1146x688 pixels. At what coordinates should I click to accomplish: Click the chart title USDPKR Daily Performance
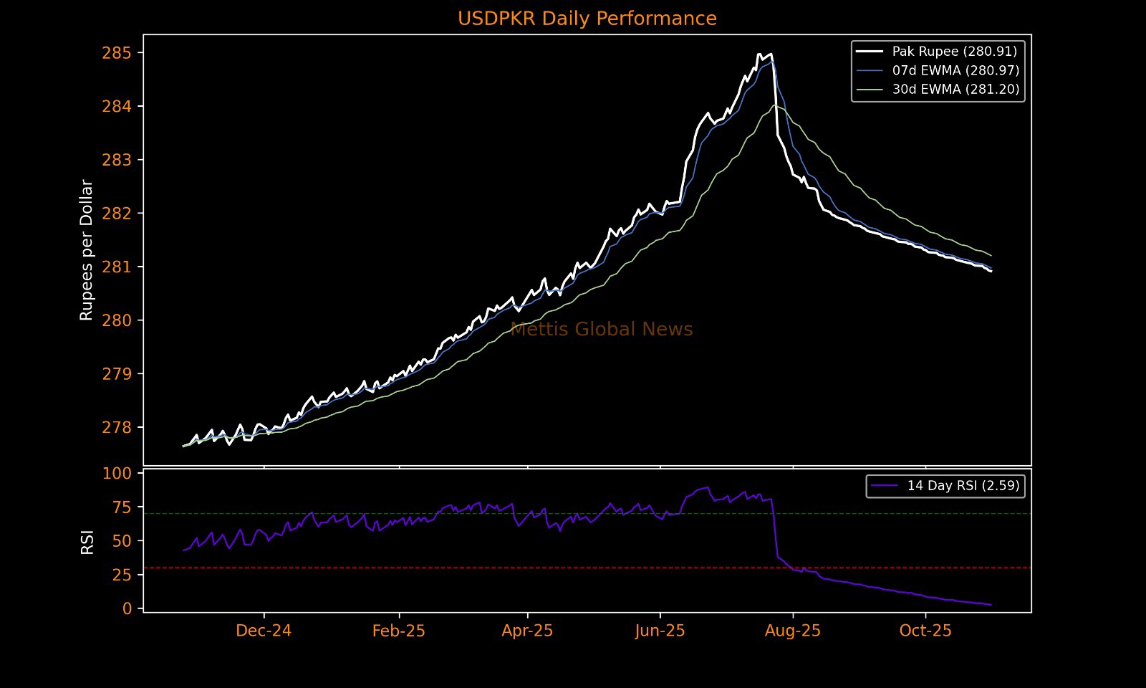tap(587, 19)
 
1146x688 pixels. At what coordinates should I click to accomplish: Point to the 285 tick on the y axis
tap(117, 53)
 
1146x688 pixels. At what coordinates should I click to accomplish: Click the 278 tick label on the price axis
tap(117, 428)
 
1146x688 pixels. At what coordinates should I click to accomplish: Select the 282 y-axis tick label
tap(117, 214)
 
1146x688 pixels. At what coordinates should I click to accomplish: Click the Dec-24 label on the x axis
tap(264, 631)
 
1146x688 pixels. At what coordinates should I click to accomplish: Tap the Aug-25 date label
tap(792, 631)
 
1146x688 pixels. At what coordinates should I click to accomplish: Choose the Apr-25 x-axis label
tap(527, 631)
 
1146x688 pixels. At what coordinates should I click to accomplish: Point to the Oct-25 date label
tap(925, 631)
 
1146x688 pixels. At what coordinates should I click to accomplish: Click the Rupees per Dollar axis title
tap(87, 249)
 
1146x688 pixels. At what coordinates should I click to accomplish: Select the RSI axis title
tap(87, 542)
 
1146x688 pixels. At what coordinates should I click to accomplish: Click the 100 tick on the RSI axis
tap(117, 474)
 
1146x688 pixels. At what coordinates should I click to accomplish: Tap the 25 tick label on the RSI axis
tap(122, 575)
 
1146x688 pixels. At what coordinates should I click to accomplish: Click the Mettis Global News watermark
tap(602, 330)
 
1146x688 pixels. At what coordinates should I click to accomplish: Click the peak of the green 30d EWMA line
tap(774, 105)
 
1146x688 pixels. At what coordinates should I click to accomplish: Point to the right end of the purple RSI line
tap(991, 605)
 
